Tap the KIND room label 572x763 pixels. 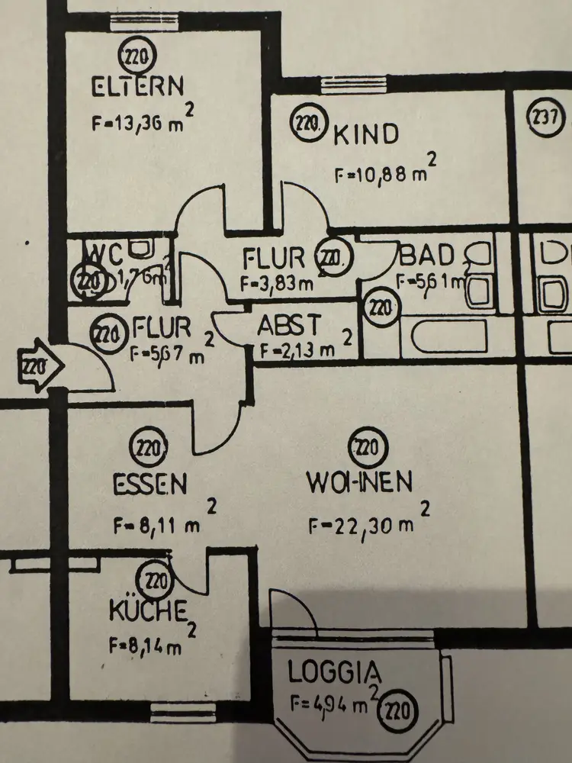coord(366,134)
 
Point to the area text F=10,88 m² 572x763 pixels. coord(384,175)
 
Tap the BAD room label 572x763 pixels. coord(427,255)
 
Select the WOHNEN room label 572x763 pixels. coord(359,482)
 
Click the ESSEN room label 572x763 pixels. coord(150,483)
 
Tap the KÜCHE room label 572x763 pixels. coord(149,610)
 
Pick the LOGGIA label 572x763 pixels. coord(335,672)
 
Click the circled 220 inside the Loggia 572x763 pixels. coord(401,713)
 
